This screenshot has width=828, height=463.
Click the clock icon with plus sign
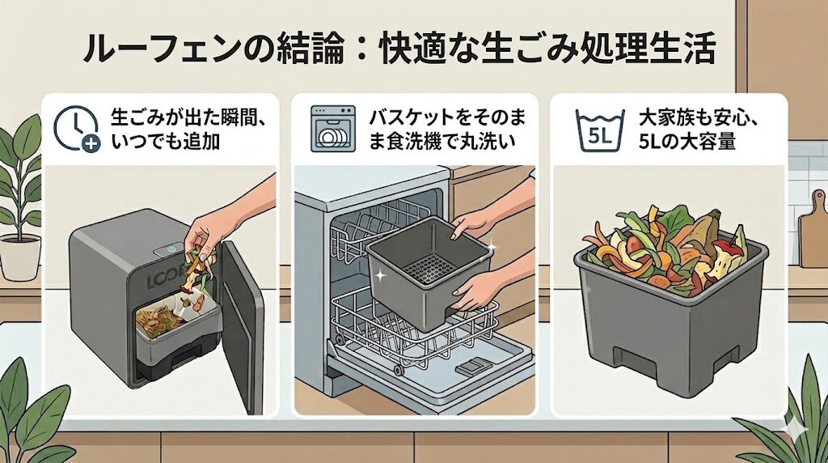(x=76, y=130)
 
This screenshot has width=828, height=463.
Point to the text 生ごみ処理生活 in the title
(x=623, y=49)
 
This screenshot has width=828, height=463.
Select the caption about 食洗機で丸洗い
(x=441, y=130)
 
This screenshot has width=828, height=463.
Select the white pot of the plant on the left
(x=19, y=257)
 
